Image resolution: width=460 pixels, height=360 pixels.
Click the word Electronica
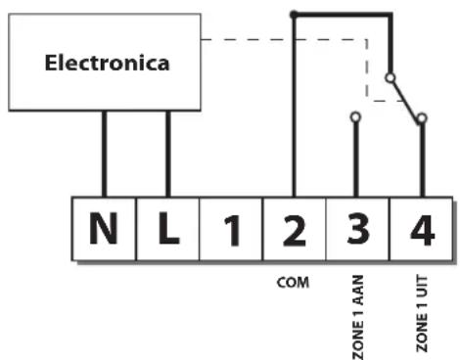click(107, 63)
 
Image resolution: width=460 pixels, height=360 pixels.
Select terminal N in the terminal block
click(104, 229)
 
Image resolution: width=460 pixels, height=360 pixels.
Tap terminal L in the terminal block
click(168, 229)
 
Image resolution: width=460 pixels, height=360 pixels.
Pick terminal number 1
click(231, 229)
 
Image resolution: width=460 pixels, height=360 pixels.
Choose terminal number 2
click(295, 229)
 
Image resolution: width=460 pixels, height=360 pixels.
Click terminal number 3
click(357, 229)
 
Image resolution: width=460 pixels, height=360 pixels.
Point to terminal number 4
click(422, 229)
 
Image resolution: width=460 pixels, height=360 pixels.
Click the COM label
click(293, 283)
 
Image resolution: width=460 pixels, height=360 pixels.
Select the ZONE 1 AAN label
click(357, 317)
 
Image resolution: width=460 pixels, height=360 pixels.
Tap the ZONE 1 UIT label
click(422, 314)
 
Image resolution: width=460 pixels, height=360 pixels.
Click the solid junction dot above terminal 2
click(294, 15)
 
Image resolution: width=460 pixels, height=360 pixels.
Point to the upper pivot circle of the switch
click(391, 78)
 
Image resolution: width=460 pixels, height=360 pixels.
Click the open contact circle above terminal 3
click(355, 116)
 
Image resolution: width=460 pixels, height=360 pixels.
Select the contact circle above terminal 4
click(422, 118)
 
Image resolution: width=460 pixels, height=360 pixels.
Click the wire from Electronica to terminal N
click(104, 154)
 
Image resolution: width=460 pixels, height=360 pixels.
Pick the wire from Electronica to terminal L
click(168, 154)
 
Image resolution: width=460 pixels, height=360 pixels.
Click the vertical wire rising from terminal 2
click(294, 106)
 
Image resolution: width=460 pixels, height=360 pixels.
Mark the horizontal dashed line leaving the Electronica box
click(284, 40)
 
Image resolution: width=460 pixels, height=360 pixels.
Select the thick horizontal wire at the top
click(343, 15)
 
